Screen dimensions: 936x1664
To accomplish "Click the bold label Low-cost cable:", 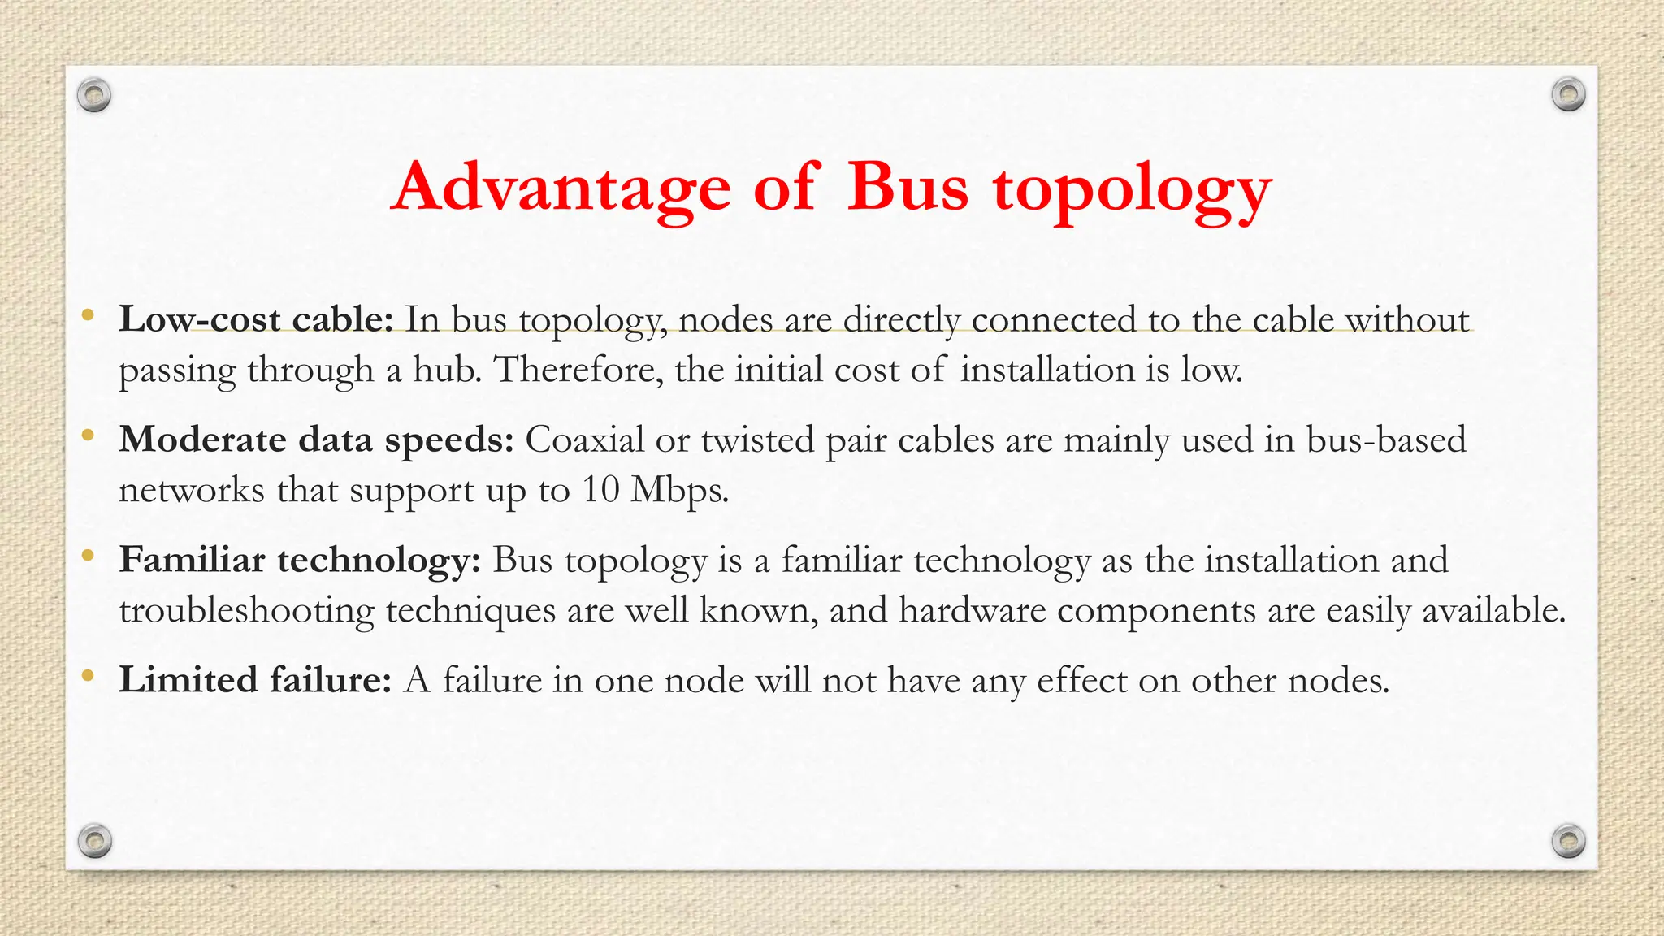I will click(256, 319).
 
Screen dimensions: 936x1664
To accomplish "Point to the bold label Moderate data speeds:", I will click(316, 440).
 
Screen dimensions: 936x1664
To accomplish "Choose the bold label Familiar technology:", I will click(300, 561).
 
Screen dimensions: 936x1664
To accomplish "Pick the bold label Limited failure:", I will click(256, 680).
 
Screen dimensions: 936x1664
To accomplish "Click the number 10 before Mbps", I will click(601, 490).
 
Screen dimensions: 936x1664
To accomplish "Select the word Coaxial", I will click(585, 440).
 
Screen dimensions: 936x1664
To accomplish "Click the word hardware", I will click(972, 611).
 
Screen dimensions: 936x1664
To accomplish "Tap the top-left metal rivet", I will click(94, 96).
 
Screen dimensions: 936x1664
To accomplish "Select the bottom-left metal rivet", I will click(94, 840).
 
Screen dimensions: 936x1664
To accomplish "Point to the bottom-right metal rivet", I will click(1568, 840).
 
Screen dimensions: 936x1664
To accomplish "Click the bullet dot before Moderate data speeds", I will click(89, 436).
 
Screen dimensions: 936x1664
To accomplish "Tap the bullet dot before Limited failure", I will click(89, 676).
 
